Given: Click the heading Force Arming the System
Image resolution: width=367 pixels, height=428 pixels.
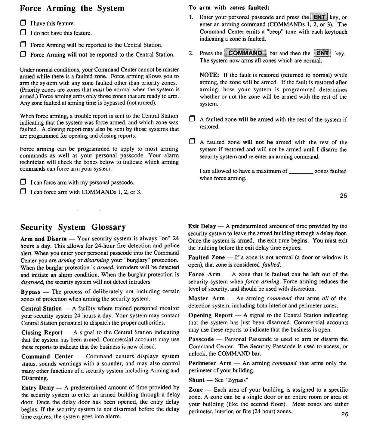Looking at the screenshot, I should (72, 8).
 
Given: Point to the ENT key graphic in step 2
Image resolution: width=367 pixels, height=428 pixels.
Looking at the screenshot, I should (322, 53).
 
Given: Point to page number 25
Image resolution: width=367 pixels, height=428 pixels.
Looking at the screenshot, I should (344, 196).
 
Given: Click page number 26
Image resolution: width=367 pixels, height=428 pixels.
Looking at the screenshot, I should (345, 414).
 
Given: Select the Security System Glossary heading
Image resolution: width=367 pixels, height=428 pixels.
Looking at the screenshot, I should (73, 227).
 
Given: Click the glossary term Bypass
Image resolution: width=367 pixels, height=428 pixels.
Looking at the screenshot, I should (31, 292).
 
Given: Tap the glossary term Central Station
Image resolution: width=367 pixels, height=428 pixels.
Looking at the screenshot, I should (42, 309).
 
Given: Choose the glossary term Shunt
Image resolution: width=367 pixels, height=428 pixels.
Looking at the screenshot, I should (196, 380).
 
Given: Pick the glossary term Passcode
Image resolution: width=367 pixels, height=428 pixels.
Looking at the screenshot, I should (201, 339).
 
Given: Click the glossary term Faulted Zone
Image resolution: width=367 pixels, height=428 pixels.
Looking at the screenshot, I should (206, 258).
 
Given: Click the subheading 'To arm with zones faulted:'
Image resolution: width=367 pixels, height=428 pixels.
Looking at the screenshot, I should (229, 8).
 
